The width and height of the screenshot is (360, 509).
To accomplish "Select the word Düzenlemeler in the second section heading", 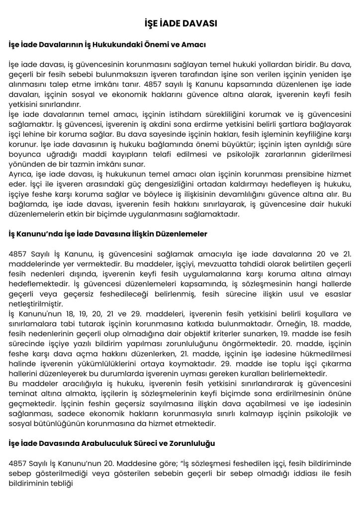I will click(180, 233).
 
